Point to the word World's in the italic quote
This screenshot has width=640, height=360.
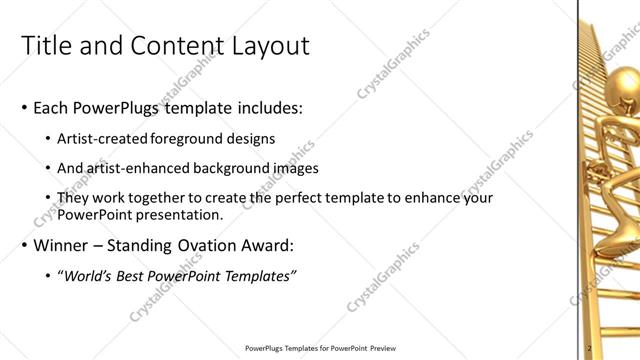(x=91, y=276)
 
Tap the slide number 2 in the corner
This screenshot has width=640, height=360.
(x=590, y=348)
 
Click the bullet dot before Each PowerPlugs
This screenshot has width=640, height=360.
(x=23, y=108)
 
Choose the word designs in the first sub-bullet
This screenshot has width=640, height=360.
(x=254, y=139)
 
